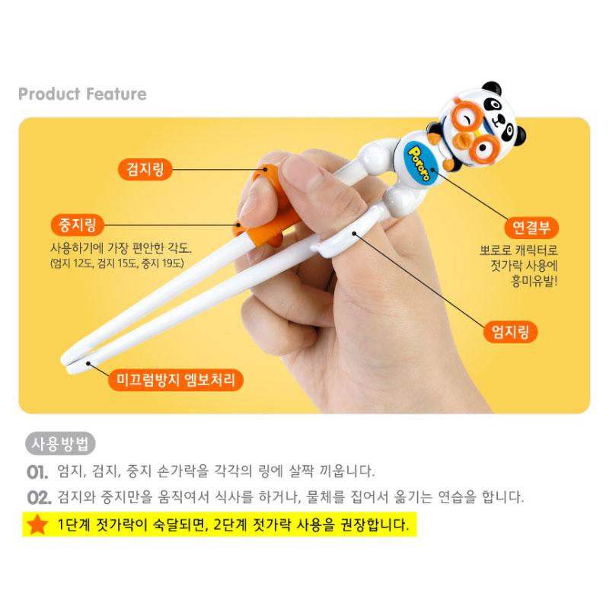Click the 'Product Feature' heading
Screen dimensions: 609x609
pyautogui.click(x=82, y=94)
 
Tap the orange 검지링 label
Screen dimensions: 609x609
pyautogui.click(x=145, y=168)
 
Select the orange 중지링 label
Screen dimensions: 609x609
pyautogui.click(x=76, y=225)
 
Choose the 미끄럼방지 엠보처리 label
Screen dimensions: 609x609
pyautogui.click(x=175, y=378)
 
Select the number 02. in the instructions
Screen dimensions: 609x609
pyautogui.click(x=38, y=499)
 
